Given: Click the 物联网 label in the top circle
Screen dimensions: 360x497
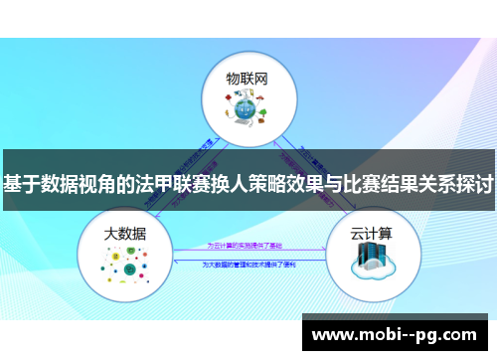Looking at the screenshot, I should pyautogui.click(x=248, y=77).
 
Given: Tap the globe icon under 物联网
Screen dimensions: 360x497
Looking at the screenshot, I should pyautogui.click(x=248, y=110).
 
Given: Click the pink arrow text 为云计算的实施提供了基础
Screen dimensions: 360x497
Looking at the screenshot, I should pyautogui.click(x=248, y=244).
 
